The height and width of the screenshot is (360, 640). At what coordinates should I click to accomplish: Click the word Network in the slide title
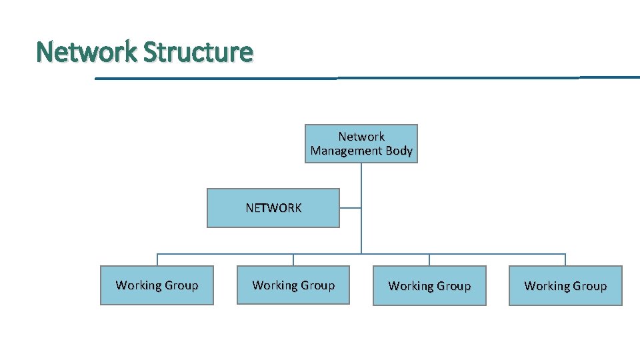pos(87,51)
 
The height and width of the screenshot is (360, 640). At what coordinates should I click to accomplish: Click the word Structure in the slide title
pos(198,51)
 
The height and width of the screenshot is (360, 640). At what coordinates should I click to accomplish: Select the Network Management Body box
pos(361,143)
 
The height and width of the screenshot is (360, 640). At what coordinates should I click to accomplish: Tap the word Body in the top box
pos(399,151)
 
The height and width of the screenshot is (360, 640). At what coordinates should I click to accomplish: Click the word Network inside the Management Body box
pos(361,137)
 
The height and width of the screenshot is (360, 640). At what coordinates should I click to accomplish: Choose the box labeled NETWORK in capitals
pos(273,208)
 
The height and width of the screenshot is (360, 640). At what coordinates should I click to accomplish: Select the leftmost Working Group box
pos(157,285)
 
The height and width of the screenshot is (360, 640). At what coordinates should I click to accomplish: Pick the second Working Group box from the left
pos(293,285)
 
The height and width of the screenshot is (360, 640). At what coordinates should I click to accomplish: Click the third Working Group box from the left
pos(429,286)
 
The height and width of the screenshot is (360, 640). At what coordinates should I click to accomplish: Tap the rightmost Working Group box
pos(565,286)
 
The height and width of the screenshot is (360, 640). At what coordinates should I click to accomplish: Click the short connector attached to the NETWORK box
pos(350,208)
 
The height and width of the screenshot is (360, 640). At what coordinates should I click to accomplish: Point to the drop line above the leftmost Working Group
pos(157,260)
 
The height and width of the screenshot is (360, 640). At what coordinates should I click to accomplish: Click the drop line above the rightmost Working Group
pos(565,260)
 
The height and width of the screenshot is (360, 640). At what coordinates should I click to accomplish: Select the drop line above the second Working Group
pos(293,260)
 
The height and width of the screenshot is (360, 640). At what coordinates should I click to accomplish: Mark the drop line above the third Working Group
pos(429,260)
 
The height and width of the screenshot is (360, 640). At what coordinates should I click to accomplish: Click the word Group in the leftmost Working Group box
pos(181,285)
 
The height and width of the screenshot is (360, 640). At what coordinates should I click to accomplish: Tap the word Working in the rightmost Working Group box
pos(547,286)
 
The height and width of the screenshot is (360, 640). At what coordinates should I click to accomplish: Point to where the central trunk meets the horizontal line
pos(361,254)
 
